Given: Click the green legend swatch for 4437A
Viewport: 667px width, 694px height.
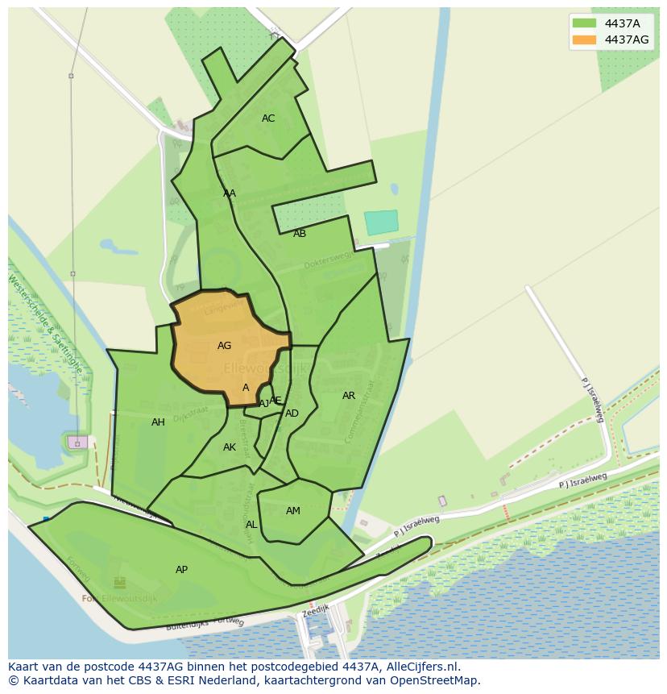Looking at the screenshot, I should [584, 23].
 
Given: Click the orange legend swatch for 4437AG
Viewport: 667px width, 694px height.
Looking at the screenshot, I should [584, 39].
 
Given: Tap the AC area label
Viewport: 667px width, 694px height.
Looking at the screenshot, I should [268, 118].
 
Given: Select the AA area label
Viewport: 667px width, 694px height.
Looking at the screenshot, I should [230, 193].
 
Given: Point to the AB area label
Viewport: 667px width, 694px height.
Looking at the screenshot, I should [300, 234].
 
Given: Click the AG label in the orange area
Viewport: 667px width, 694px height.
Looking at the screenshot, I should [224, 346].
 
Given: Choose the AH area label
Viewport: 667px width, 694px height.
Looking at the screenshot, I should [158, 422].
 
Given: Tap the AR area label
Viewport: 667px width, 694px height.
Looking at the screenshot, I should [349, 396].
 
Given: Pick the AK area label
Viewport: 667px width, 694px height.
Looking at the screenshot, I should [230, 447].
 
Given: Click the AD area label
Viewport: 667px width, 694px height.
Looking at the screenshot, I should [292, 413].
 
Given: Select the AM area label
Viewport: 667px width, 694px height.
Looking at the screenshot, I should [293, 511].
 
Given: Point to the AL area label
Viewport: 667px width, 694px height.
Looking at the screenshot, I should [251, 525].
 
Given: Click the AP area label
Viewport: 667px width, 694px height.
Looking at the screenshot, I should [181, 570].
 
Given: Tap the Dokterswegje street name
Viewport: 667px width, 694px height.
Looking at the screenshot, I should [329, 260].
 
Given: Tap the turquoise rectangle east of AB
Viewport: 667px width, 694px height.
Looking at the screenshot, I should [381, 222].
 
